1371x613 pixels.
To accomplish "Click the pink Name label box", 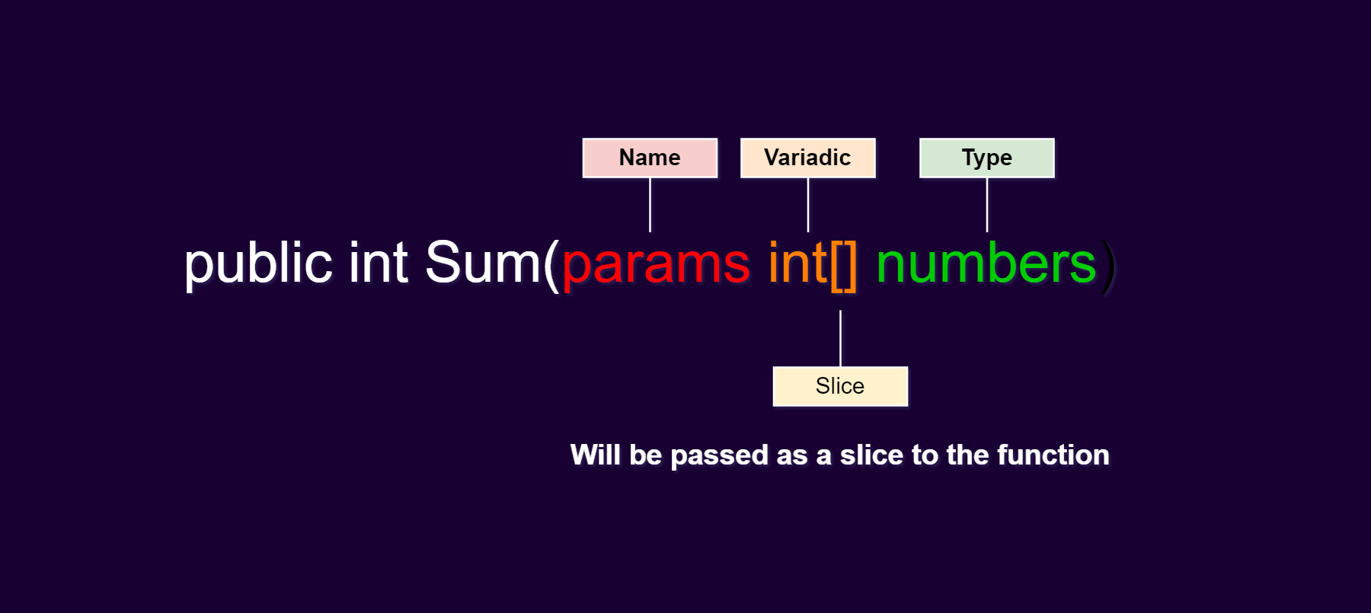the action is pos(650,158).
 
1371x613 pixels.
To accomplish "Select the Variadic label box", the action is pos(808,158).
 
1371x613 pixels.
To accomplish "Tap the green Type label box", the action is pos(987,158).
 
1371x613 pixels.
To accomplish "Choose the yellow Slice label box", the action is pos(840,386).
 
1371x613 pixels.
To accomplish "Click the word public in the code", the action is pos(259,263).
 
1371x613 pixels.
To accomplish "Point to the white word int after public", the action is pos(379,263).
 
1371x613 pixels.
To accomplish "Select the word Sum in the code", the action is pos(482,263).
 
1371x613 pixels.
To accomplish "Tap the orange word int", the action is pos(797,263).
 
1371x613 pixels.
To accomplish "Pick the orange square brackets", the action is pos(844,265).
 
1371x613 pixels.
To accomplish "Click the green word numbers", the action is pos(986,263).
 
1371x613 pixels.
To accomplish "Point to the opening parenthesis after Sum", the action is pos(551,265).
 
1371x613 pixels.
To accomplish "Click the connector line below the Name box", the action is pos(650,205).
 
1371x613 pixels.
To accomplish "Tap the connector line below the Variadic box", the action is pos(808,205).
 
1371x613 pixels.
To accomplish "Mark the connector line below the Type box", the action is pos(987,205).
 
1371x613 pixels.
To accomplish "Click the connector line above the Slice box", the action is pos(840,338).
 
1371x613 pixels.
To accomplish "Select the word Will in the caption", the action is pos(596,455).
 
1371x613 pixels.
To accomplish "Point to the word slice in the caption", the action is pos(871,455).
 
